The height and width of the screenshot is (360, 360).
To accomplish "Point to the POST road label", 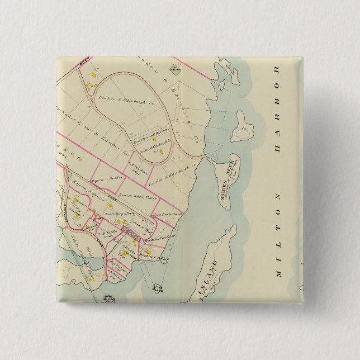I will (x=86, y=65).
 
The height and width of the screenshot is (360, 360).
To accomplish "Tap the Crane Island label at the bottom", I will (x=108, y=299).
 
